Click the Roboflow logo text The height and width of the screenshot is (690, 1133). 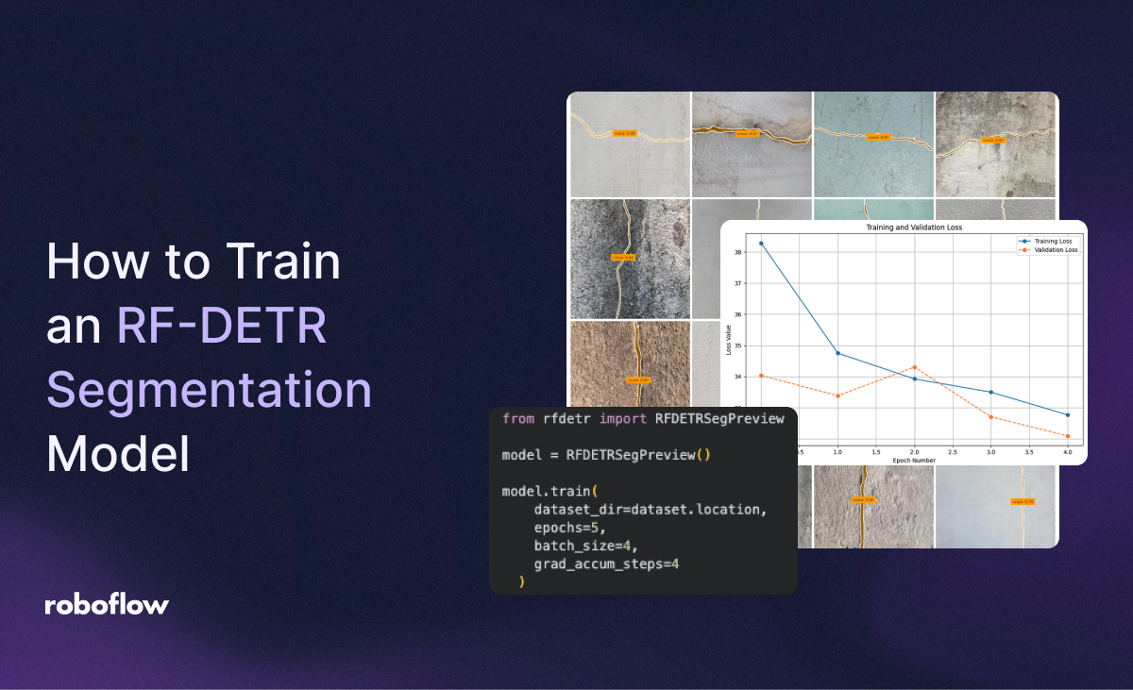pos(107,605)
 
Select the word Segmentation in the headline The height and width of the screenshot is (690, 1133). pos(209,390)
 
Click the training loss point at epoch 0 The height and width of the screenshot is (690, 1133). pos(761,244)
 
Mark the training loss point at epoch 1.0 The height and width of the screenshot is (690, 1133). pos(837,353)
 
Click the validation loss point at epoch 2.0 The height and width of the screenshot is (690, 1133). pos(914,367)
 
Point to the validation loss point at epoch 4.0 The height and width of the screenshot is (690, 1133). pos(1068,436)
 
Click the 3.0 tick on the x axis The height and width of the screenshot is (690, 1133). pos(990,453)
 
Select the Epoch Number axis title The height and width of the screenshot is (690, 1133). pos(913,460)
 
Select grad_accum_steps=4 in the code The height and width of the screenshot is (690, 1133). pos(606,564)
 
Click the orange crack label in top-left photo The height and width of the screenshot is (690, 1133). pos(625,133)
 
